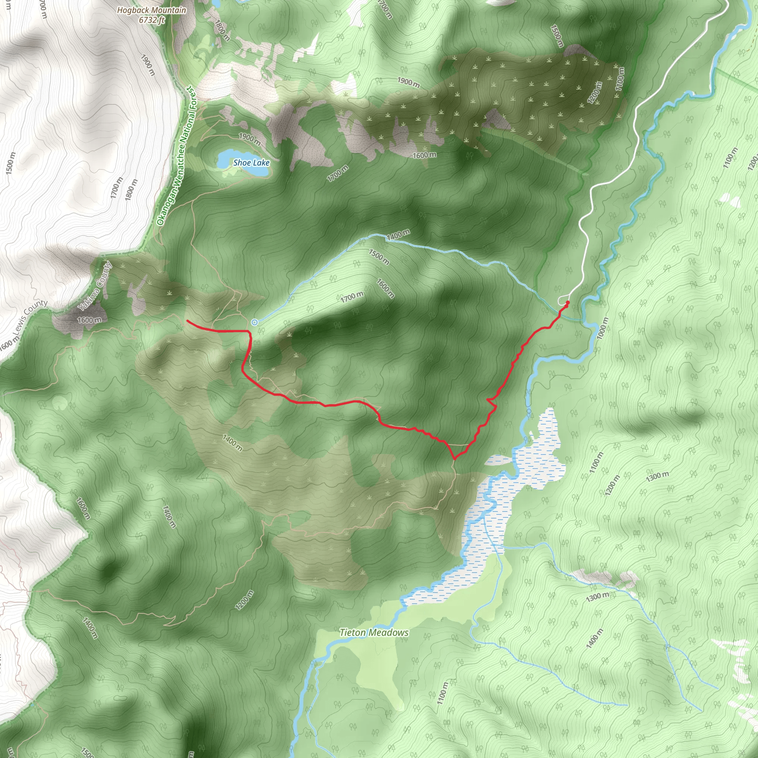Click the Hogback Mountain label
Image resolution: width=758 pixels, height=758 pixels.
click(x=151, y=10)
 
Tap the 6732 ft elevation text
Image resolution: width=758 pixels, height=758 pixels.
click(x=151, y=20)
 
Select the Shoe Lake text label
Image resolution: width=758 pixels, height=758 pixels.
click(x=251, y=162)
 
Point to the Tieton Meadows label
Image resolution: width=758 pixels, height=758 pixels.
click(x=374, y=633)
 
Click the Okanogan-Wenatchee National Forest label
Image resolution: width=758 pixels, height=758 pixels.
click(x=176, y=156)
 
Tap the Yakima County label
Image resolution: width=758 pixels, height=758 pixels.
click(x=94, y=286)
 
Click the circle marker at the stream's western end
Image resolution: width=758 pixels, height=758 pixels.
click(x=255, y=322)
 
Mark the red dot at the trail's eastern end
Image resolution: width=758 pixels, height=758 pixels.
click(x=568, y=302)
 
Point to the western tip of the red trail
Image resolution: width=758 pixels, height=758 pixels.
click(x=187, y=321)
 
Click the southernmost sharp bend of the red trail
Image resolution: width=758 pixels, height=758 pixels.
click(x=455, y=458)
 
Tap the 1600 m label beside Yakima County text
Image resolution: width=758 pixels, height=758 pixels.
click(x=90, y=320)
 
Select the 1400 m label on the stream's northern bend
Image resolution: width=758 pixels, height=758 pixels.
click(x=398, y=235)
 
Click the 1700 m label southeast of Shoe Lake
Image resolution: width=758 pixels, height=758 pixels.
click(x=338, y=173)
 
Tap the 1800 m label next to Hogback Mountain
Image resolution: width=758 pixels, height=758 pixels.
click(x=222, y=30)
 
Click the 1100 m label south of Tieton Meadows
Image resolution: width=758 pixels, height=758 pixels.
click(x=442, y=693)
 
